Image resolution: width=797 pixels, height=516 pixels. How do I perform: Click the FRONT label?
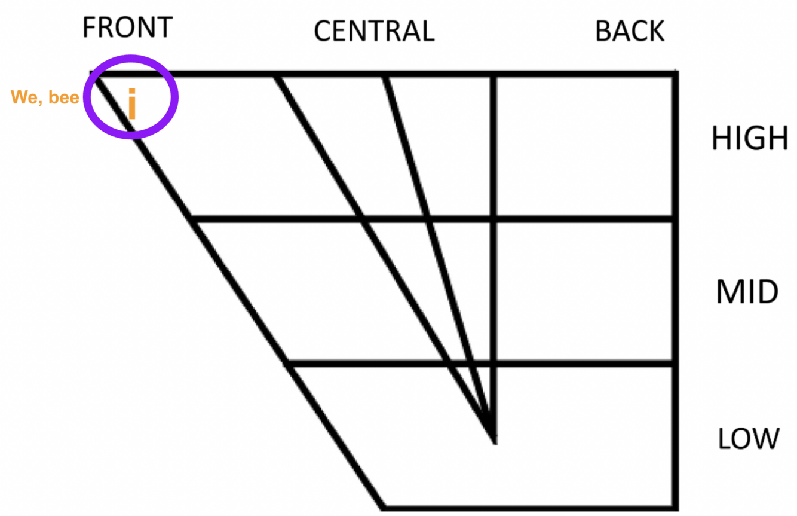pyautogui.click(x=127, y=28)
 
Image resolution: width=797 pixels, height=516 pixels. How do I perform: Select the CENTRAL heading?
pyautogui.click(x=374, y=31)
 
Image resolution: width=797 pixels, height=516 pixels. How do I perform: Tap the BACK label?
pyautogui.click(x=630, y=31)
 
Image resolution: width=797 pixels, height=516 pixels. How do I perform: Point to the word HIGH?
pyautogui.click(x=750, y=139)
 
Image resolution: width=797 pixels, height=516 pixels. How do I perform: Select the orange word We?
pyautogui.click(x=24, y=97)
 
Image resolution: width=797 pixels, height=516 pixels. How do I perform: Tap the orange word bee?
pyautogui.click(x=63, y=97)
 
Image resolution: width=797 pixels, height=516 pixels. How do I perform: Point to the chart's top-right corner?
pyautogui.click(x=675, y=74)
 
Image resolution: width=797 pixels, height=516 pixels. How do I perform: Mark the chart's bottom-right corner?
pyautogui.click(x=675, y=508)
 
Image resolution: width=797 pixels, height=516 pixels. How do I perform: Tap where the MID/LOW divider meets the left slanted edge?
pyautogui.click(x=287, y=363)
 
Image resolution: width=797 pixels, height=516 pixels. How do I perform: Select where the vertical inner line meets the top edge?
pyautogui.click(x=493, y=75)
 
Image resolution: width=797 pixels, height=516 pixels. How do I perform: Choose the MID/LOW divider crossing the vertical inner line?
pyautogui.click(x=493, y=363)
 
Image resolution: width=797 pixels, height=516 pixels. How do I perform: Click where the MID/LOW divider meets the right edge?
pyautogui.click(x=675, y=363)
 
